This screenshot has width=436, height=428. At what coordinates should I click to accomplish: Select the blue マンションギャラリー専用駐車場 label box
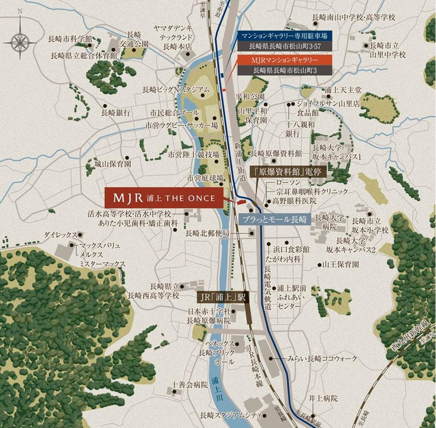point(285,36)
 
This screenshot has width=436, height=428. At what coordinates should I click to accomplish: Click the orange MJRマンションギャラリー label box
point(285,60)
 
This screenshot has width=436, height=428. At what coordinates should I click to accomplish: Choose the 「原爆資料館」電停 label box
point(288,171)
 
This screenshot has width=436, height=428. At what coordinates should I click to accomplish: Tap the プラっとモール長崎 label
point(275,219)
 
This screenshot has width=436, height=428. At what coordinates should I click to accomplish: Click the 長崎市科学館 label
point(70,39)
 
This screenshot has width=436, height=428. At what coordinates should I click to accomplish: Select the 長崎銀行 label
point(116,112)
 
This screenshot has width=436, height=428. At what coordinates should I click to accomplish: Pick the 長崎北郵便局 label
point(207,233)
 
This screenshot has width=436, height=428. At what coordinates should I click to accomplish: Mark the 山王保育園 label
point(341,264)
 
